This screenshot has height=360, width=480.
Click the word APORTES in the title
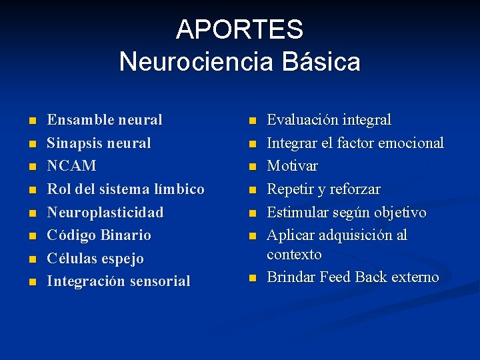pos(239,29)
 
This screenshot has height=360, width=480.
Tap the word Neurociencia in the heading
pos(195,62)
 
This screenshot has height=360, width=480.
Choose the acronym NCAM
pos(71,165)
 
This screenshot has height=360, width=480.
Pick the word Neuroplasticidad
pos(105,212)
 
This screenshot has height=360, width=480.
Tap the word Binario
pos(126,235)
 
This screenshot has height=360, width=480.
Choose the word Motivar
pos(292,165)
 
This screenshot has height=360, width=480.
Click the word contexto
pos(294,254)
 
